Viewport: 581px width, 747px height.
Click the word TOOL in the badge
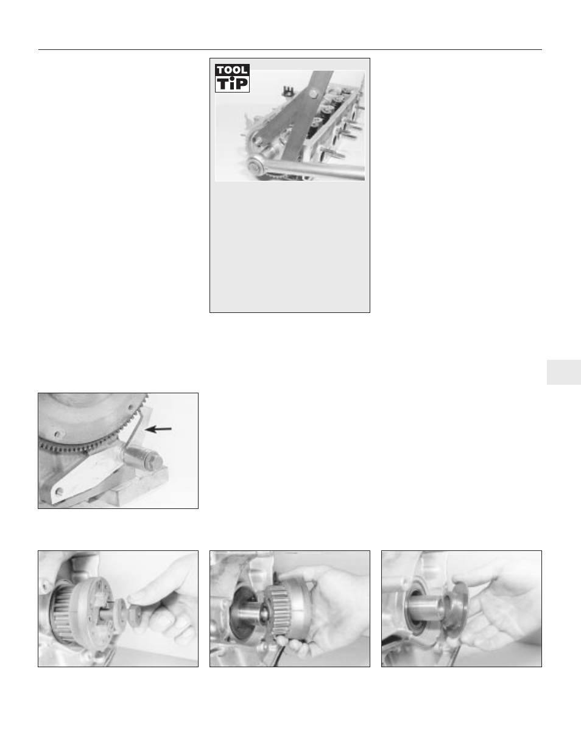click(x=232, y=70)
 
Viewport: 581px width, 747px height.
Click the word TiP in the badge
click(x=232, y=84)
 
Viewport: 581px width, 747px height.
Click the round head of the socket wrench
click(x=255, y=166)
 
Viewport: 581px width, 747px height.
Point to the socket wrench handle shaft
click(x=317, y=171)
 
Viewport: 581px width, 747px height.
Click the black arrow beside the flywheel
click(x=160, y=429)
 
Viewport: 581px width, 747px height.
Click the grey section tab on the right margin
click(x=563, y=371)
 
